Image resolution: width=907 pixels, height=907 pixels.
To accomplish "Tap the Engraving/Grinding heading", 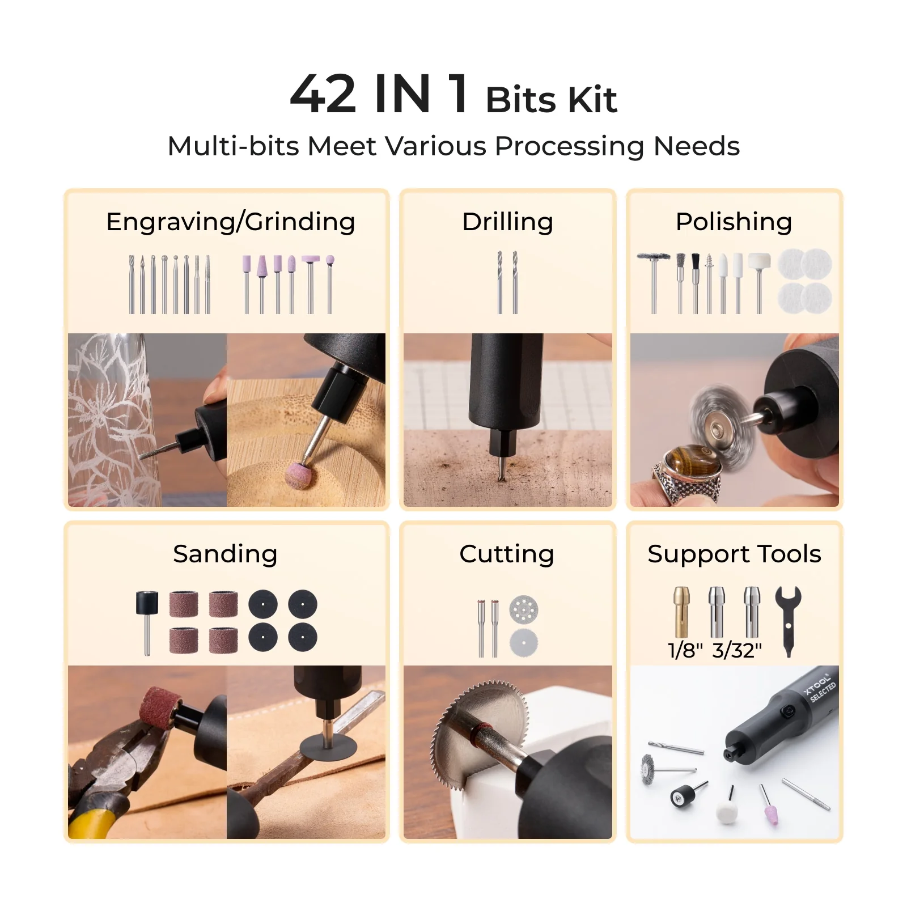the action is point(231,222).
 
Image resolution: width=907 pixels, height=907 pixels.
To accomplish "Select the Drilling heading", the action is point(507,222).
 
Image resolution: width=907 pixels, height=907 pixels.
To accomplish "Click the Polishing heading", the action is point(734,222).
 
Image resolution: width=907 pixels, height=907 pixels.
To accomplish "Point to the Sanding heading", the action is point(225,554).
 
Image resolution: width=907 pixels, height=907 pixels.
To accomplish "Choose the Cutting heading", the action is point(507,554).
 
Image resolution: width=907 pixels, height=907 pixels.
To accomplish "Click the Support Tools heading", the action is point(734,554).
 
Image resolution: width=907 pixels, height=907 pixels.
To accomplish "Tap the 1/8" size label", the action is point(685,650).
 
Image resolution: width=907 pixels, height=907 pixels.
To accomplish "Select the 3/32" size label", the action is point(737,650).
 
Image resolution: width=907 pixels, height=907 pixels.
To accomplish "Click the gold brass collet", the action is point(681,612).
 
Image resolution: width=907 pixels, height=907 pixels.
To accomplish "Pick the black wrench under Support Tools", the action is point(788,621).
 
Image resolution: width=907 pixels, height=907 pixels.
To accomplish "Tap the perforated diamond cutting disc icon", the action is point(523,610).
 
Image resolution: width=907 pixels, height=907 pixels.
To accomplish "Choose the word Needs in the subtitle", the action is point(696,146).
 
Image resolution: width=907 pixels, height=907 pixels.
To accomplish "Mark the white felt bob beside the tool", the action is point(727,812).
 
